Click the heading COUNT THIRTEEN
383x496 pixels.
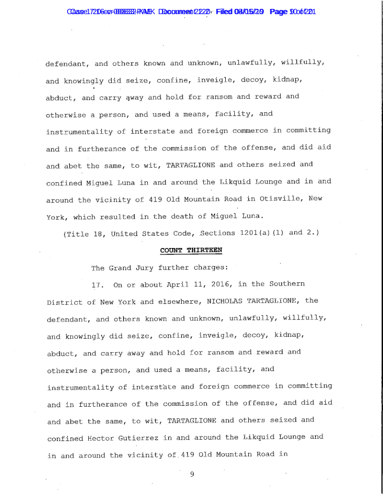[191, 250]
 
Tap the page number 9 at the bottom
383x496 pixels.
[191, 473]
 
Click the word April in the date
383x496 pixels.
[177, 285]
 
